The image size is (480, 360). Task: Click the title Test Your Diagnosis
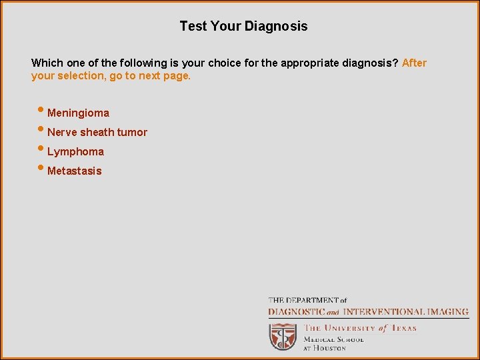click(243, 27)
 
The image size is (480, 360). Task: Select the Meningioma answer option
click(78, 113)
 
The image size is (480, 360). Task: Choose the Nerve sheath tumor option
click(97, 133)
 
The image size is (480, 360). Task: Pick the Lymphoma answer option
click(75, 152)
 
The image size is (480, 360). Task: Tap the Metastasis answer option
click(75, 171)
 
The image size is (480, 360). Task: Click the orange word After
click(414, 63)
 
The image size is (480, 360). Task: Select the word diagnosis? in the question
click(373, 63)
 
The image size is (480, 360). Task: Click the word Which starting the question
click(46, 63)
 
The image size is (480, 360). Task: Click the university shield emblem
click(283, 336)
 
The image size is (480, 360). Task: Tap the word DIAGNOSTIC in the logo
click(297, 312)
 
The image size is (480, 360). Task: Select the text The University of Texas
click(360, 328)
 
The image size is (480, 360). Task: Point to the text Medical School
click(333, 339)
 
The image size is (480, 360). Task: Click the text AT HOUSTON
click(325, 348)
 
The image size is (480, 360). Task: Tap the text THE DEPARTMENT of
click(307, 301)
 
